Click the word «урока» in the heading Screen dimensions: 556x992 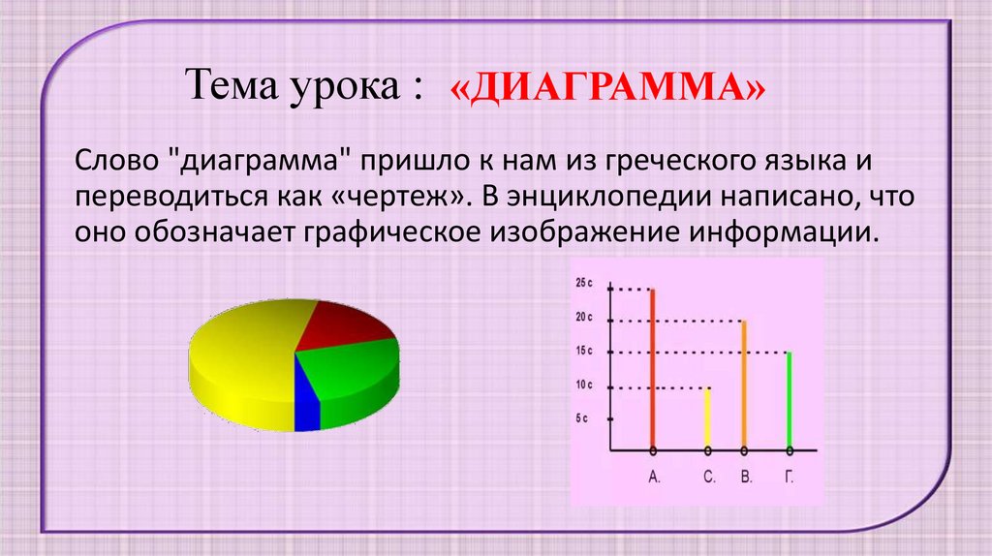point(338,86)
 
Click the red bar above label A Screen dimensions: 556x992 point(652,368)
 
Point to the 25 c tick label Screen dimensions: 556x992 point(584,283)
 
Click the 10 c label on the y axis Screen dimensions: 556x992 point(584,386)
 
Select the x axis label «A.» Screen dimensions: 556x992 point(653,477)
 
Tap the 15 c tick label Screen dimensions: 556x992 point(584,351)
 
